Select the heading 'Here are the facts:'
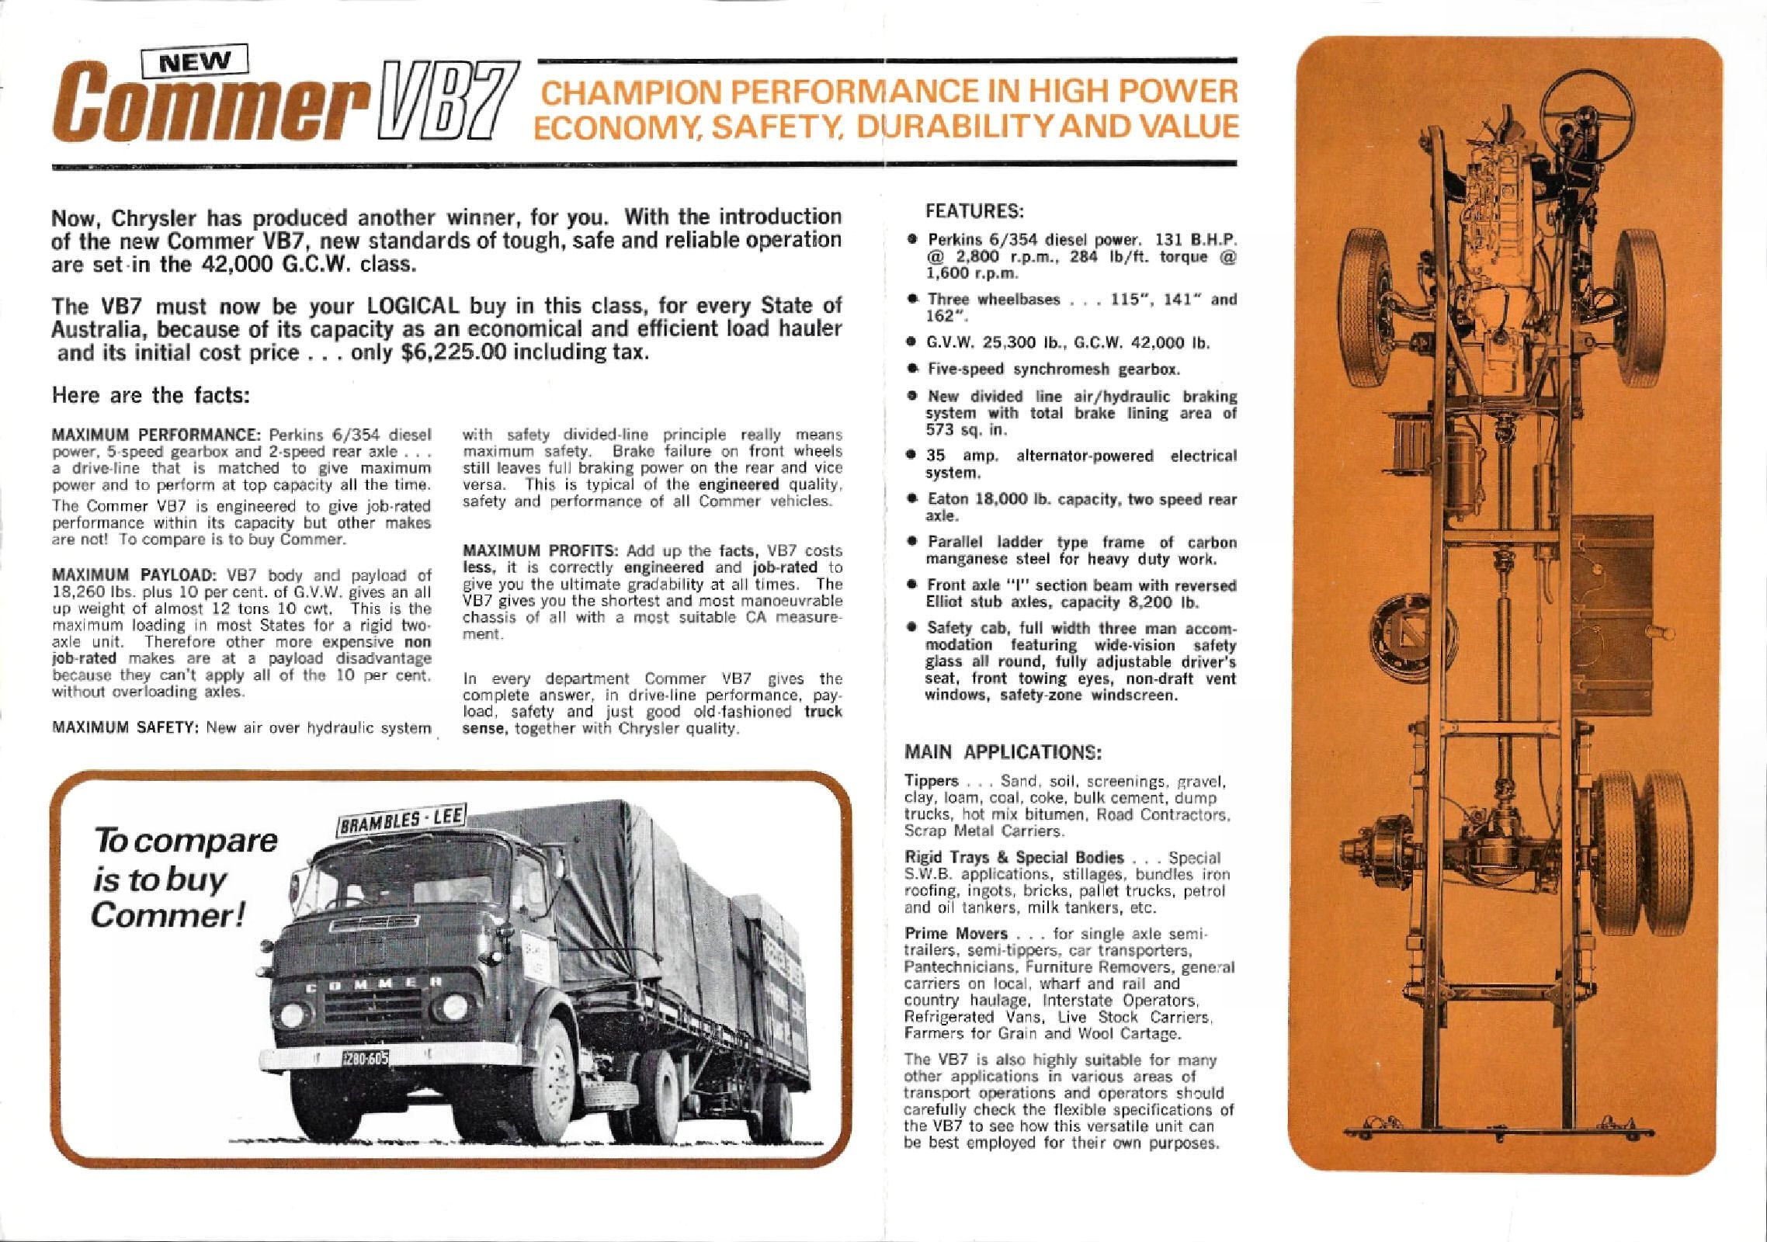point(150,395)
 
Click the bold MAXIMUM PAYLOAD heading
point(133,575)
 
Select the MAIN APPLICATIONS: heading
point(1003,752)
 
